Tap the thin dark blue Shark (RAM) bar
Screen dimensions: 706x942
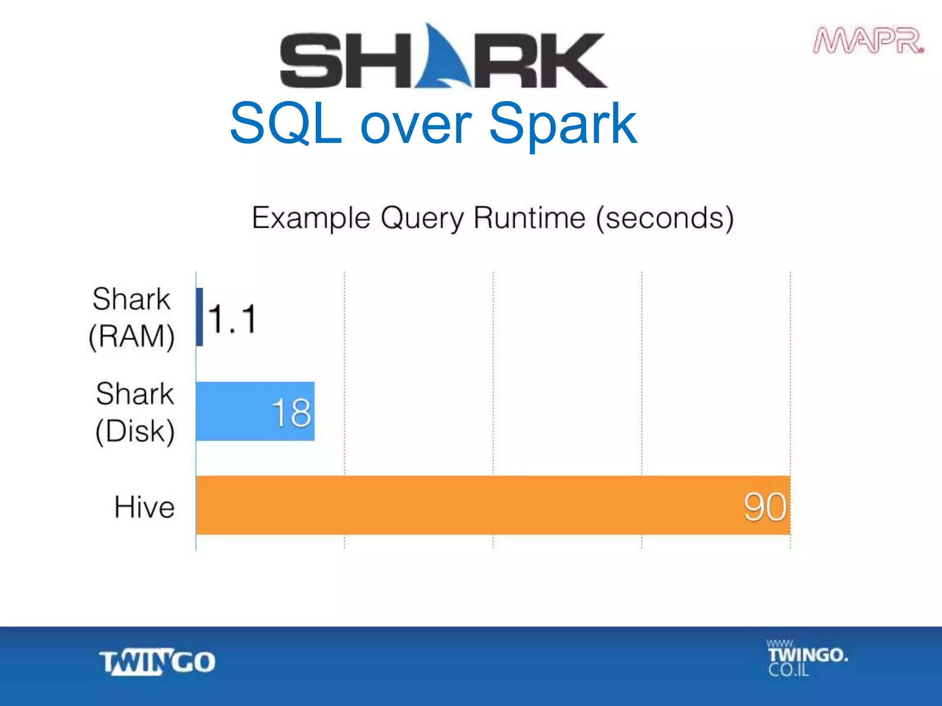point(200,317)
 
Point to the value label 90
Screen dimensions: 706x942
point(765,507)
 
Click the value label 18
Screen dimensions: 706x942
point(291,412)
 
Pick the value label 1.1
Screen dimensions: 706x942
point(232,319)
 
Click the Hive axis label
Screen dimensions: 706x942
point(144,507)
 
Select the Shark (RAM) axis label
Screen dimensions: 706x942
point(132,318)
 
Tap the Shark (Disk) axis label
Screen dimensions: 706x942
point(135,412)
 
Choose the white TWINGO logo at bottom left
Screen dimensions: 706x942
point(157,662)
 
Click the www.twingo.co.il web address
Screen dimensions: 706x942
point(807,658)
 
